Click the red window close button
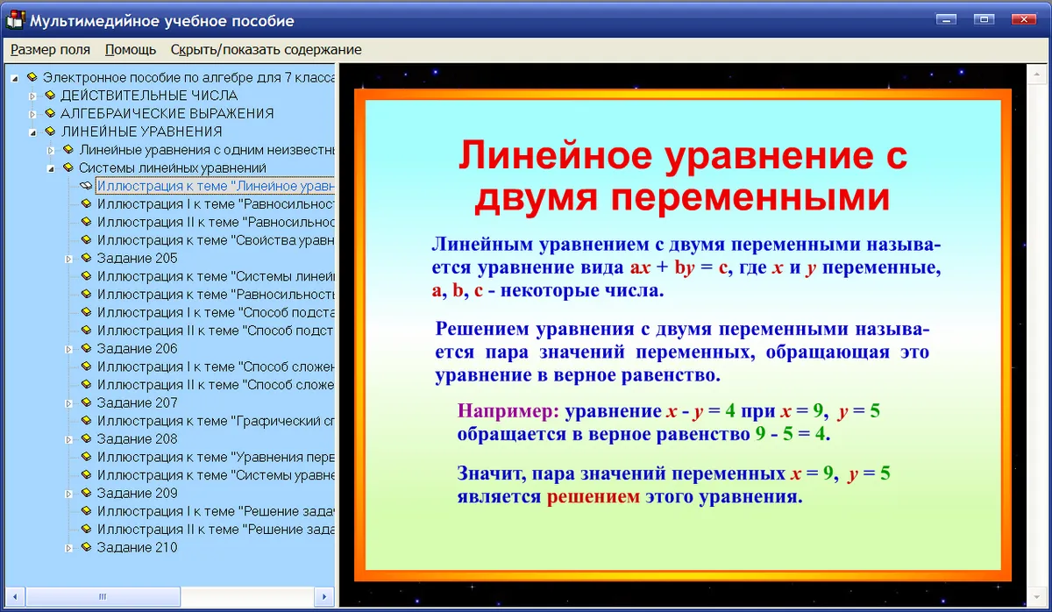(x=1023, y=19)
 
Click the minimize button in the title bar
(x=946, y=19)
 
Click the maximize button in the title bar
(x=984, y=19)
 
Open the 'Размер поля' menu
(x=50, y=49)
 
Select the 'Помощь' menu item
(x=130, y=49)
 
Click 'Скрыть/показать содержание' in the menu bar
(x=266, y=49)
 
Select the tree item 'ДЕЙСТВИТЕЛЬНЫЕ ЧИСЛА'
(x=149, y=96)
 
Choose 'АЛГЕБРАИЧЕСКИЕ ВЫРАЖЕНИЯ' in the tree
(x=167, y=113)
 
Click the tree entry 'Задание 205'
(x=137, y=258)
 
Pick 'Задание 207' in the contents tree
(x=137, y=402)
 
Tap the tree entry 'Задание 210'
(x=137, y=547)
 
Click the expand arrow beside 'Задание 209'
(x=68, y=494)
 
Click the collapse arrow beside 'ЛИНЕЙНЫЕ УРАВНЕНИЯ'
(x=33, y=132)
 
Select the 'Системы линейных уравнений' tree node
(x=173, y=167)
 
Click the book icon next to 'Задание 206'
(x=86, y=348)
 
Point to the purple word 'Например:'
(x=508, y=411)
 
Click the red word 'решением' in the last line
(x=594, y=496)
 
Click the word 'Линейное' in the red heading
(x=555, y=155)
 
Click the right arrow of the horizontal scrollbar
(x=324, y=596)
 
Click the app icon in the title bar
(x=15, y=20)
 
